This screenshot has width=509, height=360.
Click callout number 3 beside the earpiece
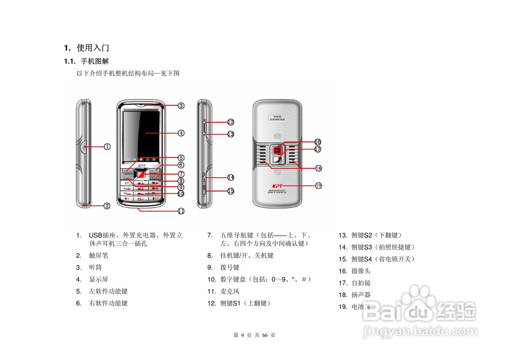(181, 106)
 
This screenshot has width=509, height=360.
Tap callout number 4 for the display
(181, 133)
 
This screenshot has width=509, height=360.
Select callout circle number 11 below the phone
(181, 211)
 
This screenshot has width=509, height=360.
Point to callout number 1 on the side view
(107, 146)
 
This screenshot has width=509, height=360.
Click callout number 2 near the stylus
(107, 206)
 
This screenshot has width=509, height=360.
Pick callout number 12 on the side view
(231, 122)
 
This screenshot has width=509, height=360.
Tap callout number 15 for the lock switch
(231, 191)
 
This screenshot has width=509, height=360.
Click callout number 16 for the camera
(317, 142)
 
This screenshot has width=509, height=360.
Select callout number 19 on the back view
(318, 186)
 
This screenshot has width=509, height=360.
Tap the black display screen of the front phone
(141, 133)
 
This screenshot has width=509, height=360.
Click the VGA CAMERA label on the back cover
(278, 118)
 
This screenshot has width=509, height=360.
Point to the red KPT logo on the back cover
(277, 186)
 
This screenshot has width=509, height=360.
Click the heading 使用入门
(93, 48)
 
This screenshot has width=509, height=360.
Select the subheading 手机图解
(95, 62)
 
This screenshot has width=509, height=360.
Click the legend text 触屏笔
(99, 255)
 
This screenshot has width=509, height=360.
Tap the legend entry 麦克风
(230, 291)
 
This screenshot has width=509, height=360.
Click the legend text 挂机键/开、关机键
(247, 255)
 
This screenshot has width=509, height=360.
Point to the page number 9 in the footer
(242, 335)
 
